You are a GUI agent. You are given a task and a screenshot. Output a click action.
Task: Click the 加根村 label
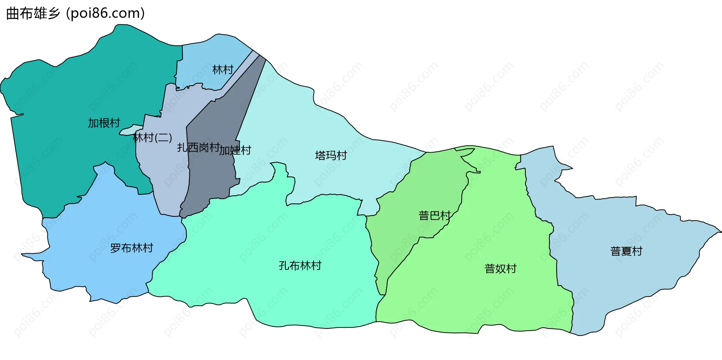click(104, 123)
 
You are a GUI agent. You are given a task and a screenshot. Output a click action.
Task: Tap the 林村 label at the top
click(223, 70)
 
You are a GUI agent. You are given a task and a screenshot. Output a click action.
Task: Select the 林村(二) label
click(152, 138)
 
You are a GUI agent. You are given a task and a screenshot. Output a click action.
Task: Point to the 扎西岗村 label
click(198, 147)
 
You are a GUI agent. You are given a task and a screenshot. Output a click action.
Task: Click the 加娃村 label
click(235, 150)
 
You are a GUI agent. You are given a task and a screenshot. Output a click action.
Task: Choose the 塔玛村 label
click(331, 155)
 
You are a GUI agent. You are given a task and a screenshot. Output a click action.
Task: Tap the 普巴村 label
click(434, 215)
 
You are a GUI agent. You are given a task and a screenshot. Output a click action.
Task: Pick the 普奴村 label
click(501, 269)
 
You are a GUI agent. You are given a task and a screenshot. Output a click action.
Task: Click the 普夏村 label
click(626, 251)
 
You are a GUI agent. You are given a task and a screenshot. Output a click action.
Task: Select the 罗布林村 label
click(132, 248)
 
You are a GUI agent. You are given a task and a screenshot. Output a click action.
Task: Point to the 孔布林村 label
click(300, 266)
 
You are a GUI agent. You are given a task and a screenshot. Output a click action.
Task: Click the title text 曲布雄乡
click(33, 14)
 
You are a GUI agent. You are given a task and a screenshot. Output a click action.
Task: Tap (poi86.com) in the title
click(105, 14)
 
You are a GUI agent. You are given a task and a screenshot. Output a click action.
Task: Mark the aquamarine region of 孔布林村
click(263, 233)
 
